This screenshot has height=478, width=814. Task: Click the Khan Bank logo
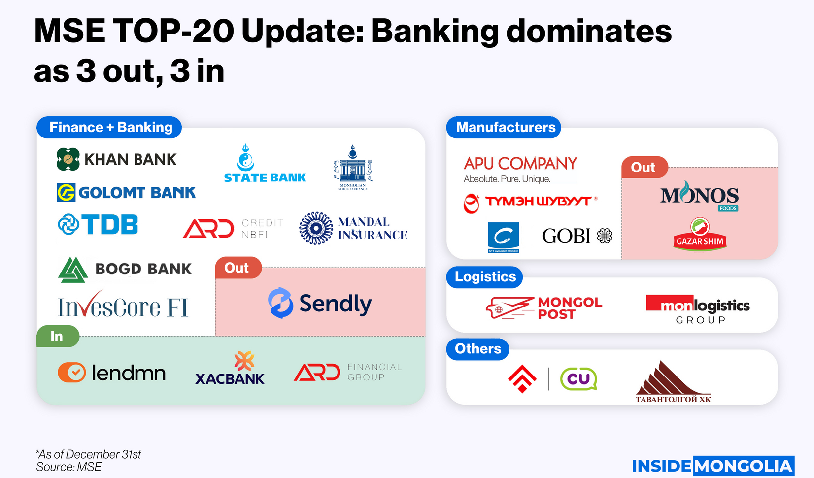point(117,159)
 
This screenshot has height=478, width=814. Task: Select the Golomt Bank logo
point(126,192)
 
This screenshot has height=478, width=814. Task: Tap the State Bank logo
point(265,164)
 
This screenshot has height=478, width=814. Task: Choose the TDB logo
point(98,225)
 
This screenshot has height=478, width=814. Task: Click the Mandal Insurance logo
point(353,228)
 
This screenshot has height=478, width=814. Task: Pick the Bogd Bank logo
point(125,269)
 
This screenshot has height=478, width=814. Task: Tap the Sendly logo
point(320,303)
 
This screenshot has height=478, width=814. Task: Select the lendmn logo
point(112,373)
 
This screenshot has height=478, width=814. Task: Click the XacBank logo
point(230,369)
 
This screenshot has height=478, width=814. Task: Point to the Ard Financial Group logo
point(348,373)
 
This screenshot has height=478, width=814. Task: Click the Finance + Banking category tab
point(109,128)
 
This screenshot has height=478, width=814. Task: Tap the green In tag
point(58,336)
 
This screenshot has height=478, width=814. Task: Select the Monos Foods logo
point(699,196)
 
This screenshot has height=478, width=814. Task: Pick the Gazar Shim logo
point(700,235)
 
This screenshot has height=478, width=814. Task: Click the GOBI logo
point(577,236)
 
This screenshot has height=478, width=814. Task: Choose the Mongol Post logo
point(544,308)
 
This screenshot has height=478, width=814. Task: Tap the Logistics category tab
point(485,277)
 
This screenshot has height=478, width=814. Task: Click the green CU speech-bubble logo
point(578,379)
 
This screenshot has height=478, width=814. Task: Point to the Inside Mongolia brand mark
point(712,466)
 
